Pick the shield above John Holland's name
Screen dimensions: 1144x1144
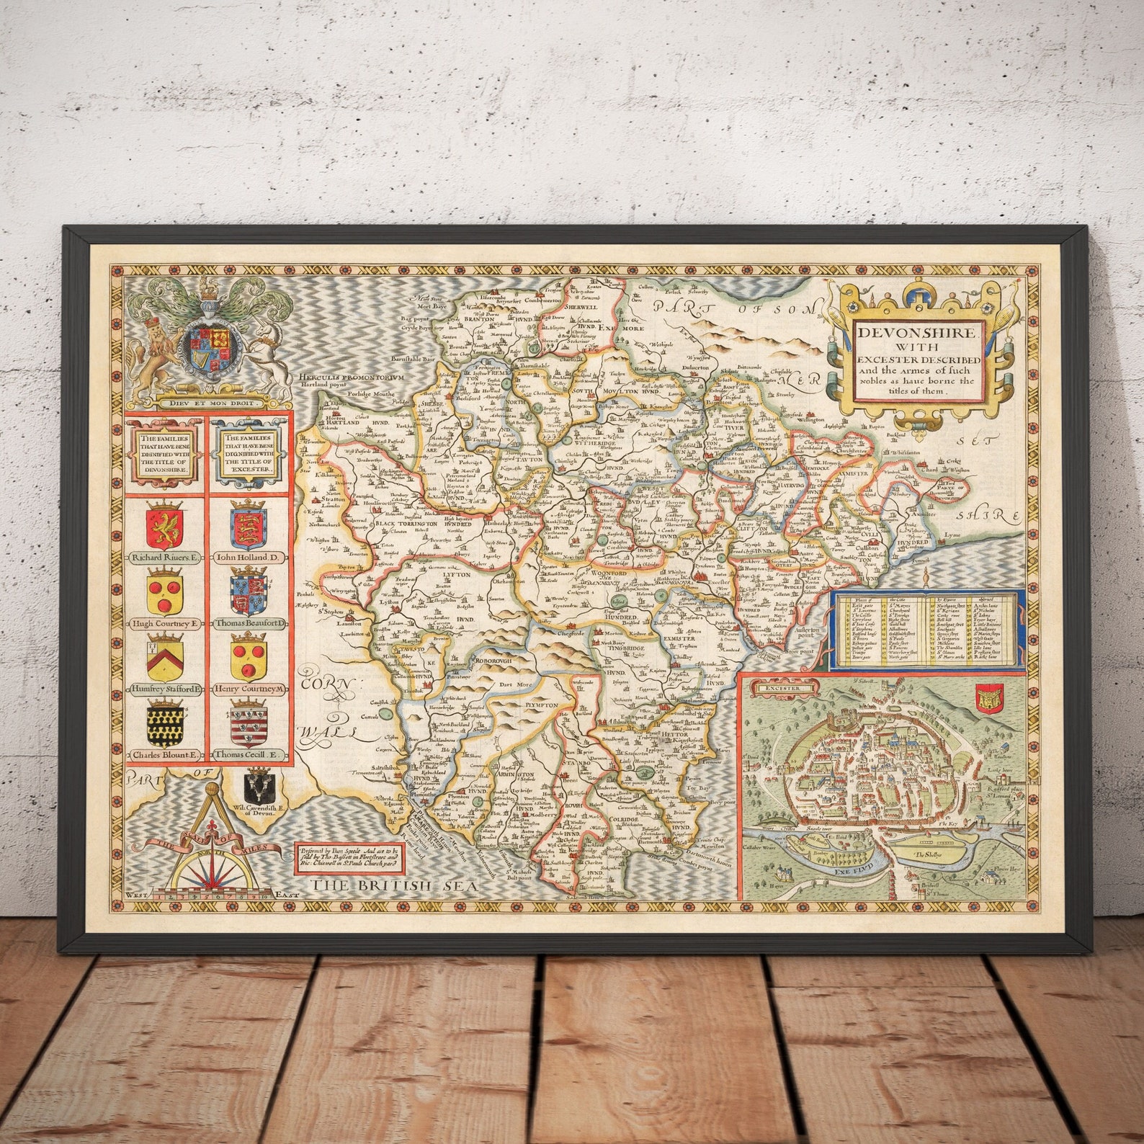tap(249, 527)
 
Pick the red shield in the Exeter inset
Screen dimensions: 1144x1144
tap(984, 697)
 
